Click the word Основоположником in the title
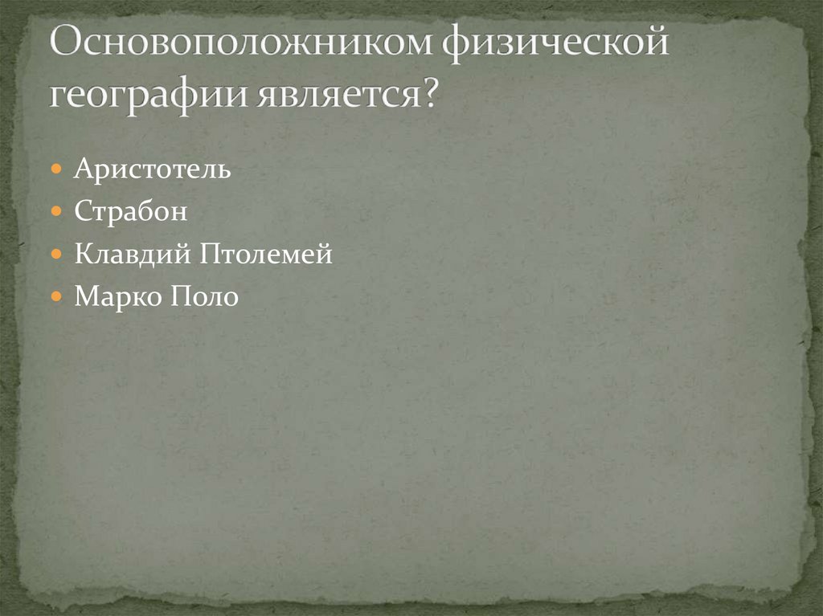tap(242, 45)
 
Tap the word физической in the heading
tap(555, 45)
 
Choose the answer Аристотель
tap(153, 170)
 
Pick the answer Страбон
tap(131, 213)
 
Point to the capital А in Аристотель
tap(82, 170)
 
